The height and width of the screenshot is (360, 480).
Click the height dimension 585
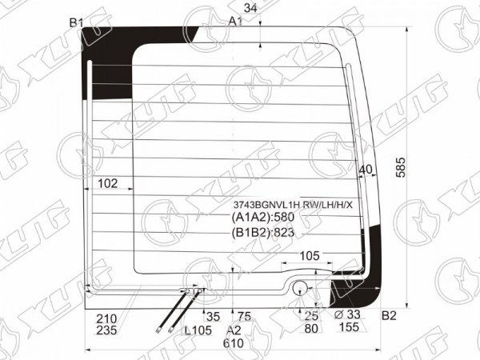[x=401, y=167]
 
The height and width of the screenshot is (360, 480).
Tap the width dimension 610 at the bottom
[x=234, y=343]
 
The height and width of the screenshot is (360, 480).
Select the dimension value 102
[x=107, y=183]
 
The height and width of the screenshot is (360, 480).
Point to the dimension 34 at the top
[x=250, y=8]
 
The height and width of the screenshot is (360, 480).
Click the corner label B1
[x=76, y=22]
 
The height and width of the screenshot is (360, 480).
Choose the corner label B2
[x=389, y=316]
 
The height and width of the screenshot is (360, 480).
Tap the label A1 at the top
[x=236, y=22]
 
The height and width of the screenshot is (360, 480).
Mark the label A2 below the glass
[x=234, y=330]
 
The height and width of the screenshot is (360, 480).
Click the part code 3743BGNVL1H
[x=266, y=205]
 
